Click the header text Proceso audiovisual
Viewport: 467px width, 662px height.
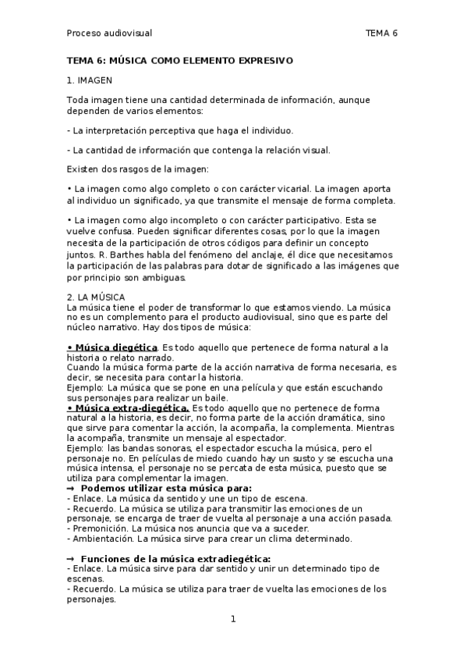point(109,33)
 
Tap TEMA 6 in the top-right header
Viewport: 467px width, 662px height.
point(381,33)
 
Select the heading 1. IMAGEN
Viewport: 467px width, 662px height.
point(89,80)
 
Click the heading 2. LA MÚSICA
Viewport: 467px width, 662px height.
point(92,297)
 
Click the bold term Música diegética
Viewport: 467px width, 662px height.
point(115,347)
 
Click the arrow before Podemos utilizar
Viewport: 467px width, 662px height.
point(71,489)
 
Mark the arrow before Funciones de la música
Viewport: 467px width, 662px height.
point(71,559)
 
